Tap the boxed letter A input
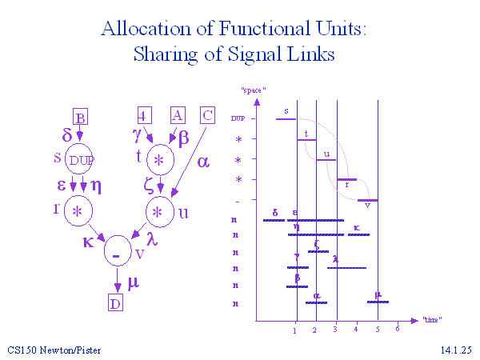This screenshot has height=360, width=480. point(178,115)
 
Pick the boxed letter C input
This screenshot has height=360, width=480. point(207,115)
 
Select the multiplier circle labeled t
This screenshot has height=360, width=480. point(160,160)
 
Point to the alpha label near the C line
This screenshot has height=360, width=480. point(202,162)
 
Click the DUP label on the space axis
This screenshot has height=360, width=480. point(238,118)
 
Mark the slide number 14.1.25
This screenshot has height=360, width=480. point(456,350)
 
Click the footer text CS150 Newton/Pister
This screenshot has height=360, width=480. point(55,350)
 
